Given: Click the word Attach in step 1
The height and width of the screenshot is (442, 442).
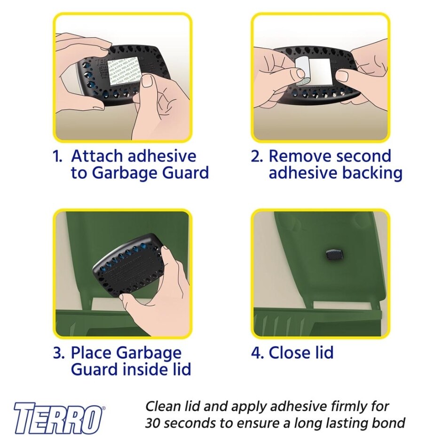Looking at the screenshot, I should coord(97,156).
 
